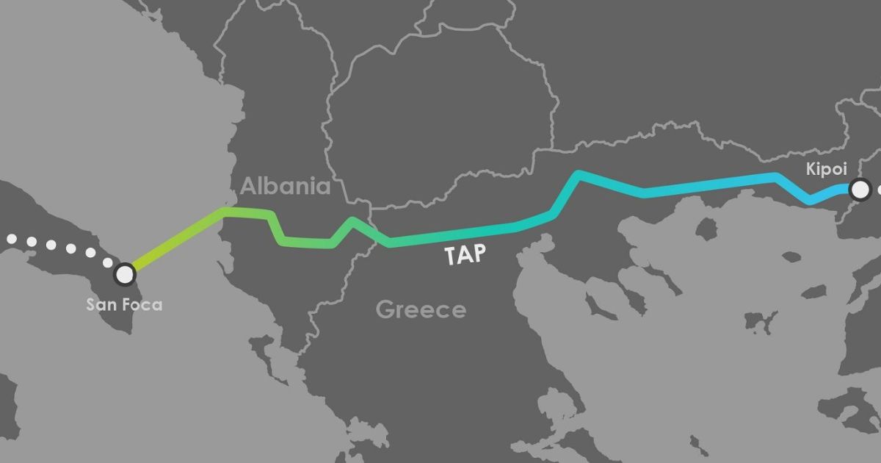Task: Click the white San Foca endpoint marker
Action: coord(126,274)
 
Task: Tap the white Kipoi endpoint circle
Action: coord(859,190)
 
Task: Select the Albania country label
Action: coord(286,186)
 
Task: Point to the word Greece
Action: coord(421,309)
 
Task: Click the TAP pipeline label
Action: coord(465,255)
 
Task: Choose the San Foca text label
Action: coord(124,304)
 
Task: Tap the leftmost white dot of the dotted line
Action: coord(11,238)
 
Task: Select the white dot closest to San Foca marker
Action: coord(107,262)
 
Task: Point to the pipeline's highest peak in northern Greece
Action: coord(579,174)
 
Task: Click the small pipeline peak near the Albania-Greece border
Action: coord(353,220)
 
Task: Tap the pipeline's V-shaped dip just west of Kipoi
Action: coord(811,200)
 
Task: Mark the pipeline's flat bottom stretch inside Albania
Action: coord(308,241)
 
